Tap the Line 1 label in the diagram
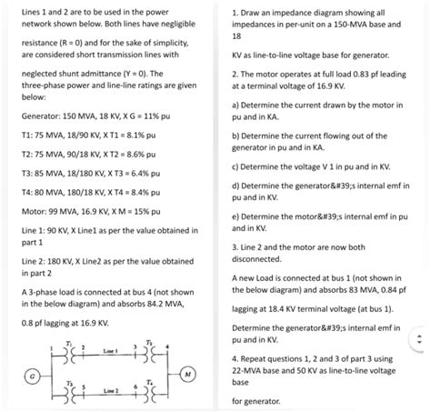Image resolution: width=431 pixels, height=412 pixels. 110,351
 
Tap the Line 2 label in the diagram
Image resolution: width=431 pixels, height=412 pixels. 110,392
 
